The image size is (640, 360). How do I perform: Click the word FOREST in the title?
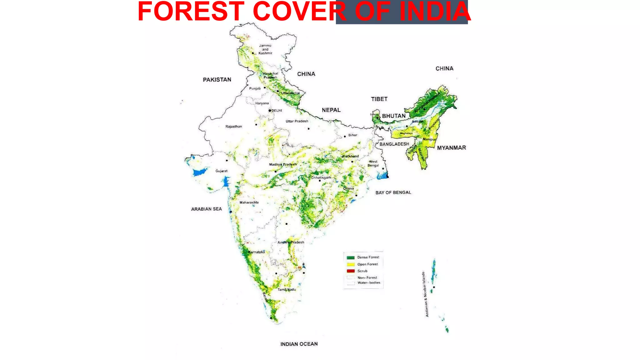[191, 12]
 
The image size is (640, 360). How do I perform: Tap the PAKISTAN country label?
[217, 80]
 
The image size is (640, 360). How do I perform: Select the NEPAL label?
[331, 110]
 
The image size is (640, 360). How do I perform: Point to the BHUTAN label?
[393, 116]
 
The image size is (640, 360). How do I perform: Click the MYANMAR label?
[451, 148]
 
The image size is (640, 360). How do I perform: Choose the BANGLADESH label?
[394, 144]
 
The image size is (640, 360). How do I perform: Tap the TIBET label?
[379, 99]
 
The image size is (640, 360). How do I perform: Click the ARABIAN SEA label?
[206, 209]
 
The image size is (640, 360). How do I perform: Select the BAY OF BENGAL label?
[393, 192]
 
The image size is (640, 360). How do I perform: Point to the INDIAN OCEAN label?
[299, 344]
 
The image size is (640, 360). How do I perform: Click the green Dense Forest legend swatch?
[351, 257]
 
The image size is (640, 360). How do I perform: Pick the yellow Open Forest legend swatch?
[351, 264]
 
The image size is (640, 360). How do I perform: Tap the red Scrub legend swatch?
[351, 271]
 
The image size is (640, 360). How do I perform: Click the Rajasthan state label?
[233, 127]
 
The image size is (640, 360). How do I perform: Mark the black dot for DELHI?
[270, 111]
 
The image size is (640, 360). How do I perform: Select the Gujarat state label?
[221, 171]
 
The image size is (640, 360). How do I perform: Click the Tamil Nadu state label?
[287, 290]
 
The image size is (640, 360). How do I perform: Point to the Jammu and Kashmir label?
[265, 49]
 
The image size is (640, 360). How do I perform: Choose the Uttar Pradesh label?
[297, 121]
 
